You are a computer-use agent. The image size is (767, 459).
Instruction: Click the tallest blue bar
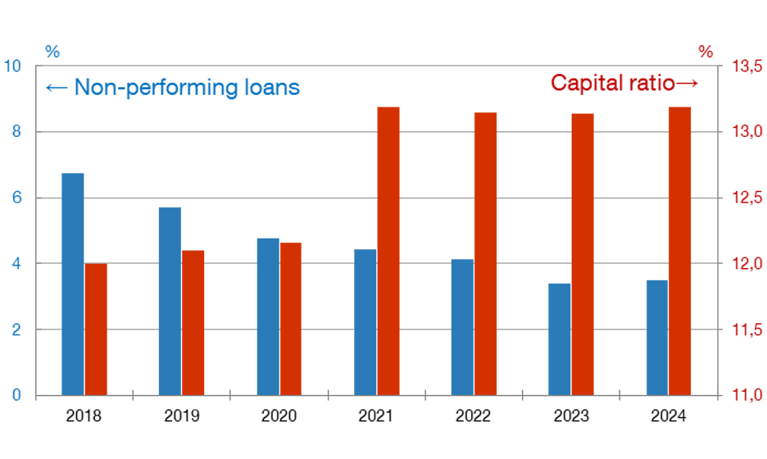coord(73,284)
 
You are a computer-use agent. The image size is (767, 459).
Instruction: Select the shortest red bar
coord(96,329)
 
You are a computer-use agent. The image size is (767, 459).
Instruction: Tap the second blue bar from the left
coord(170,300)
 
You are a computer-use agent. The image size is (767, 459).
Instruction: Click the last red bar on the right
coord(679,250)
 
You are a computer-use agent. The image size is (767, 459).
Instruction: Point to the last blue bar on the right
coord(656,337)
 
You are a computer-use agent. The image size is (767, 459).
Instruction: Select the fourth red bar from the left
coord(388,250)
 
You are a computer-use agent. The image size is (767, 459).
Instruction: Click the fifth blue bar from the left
coord(462,326)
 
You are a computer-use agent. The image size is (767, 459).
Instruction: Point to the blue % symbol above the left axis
coord(52,52)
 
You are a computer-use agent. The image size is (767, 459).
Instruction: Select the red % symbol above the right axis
coord(705,52)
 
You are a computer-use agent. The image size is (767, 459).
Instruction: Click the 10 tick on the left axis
coord(13,66)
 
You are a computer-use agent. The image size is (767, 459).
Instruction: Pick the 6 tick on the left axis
coord(17,198)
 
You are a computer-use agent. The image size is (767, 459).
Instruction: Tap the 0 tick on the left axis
coord(17,396)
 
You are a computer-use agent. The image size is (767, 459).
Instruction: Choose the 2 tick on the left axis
coord(17,329)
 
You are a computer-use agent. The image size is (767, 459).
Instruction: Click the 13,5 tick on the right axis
coord(747,66)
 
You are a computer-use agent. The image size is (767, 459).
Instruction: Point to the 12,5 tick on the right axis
coord(747,198)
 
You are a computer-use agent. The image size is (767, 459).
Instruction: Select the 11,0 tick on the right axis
coord(747,396)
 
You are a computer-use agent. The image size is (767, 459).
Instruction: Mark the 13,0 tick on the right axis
coord(747,132)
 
